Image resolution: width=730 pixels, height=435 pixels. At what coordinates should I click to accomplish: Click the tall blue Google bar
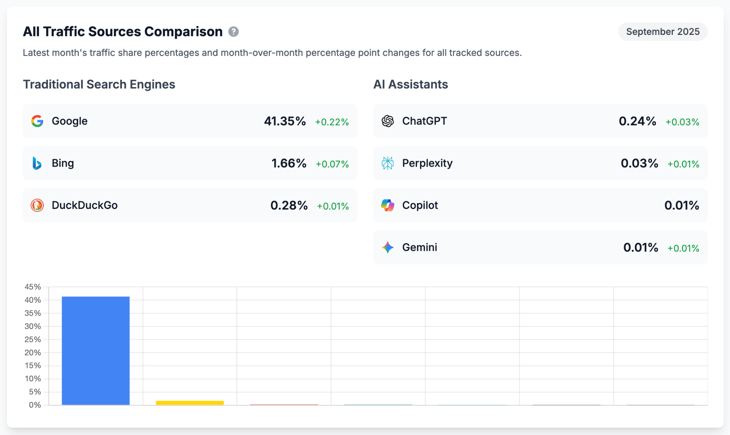pyautogui.click(x=96, y=351)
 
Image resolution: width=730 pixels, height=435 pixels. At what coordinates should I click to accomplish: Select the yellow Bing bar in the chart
pyautogui.click(x=190, y=403)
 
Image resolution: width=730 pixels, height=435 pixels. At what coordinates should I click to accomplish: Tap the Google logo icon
pyautogui.click(x=37, y=121)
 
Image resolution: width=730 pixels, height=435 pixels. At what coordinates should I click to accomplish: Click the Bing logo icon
pyautogui.click(x=37, y=163)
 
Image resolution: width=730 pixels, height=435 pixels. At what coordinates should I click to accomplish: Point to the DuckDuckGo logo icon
pyautogui.click(x=37, y=205)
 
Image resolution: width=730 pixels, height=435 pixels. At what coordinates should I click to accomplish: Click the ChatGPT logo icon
pyautogui.click(x=387, y=121)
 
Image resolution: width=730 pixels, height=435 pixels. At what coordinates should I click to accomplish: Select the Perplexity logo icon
pyautogui.click(x=387, y=163)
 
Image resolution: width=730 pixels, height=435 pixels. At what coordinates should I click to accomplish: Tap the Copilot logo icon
pyautogui.click(x=387, y=205)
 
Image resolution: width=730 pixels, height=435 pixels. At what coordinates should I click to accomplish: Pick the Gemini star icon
pyautogui.click(x=387, y=247)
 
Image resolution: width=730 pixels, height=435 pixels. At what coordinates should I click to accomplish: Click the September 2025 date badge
pyautogui.click(x=663, y=32)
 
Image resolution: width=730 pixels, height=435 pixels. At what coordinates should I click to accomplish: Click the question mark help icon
pyautogui.click(x=233, y=32)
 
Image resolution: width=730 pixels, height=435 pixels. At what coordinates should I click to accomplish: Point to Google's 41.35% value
pyautogui.click(x=285, y=121)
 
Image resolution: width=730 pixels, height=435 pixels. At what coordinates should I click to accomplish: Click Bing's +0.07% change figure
pyautogui.click(x=332, y=164)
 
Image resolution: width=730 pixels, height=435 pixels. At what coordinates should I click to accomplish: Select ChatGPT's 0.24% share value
pyautogui.click(x=637, y=121)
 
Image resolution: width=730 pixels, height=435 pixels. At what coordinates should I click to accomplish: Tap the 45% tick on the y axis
pyautogui.click(x=33, y=287)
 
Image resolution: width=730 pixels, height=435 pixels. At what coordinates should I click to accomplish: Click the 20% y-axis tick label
pyautogui.click(x=33, y=352)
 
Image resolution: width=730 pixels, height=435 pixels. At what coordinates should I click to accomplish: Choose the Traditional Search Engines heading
pyautogui.click(x=99, y=84)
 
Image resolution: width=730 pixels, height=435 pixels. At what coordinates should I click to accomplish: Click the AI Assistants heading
pyautogui.click(x=411, y=84)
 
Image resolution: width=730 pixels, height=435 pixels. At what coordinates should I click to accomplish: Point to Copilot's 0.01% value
pyautogui.click(x=682, y=205)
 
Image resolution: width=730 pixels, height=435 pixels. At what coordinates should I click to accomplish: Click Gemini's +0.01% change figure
pyautogui.click(x=683, y=248)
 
